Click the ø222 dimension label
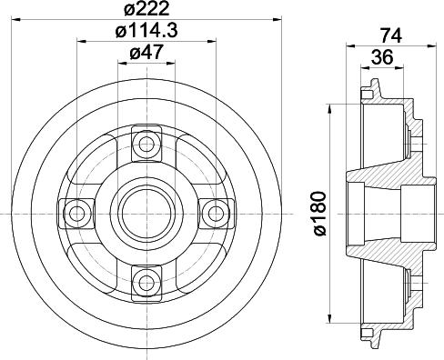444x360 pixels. pyautogui.click(x=146, y=10)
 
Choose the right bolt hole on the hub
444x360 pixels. pyautogui.click(x=215, y=213)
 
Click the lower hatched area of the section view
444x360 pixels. pyautogui.click(x=400, y=264)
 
